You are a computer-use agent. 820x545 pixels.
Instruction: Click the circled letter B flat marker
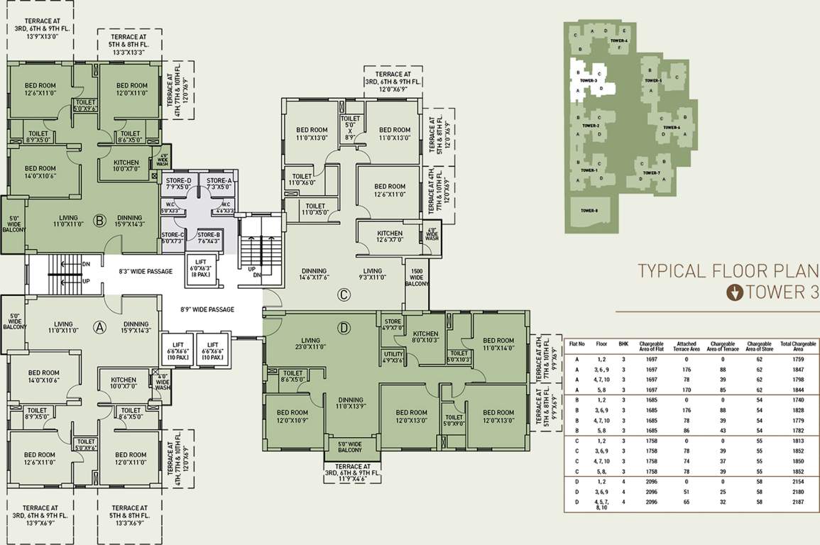click(x=100, y=219)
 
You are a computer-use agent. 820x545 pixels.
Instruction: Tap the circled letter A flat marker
click(x=100, y=327)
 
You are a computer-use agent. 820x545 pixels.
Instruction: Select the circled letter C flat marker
click(x=344, y=294)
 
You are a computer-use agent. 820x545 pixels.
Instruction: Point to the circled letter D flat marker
click(x=344, y=328)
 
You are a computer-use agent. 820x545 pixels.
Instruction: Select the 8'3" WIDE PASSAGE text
click(x=146, y=272)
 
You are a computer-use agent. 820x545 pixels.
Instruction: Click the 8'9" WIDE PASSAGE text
click(x=207, y=309)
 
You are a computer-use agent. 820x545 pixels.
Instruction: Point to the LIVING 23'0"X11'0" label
click(x=311, y=343)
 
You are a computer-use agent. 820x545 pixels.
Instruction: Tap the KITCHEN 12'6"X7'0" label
click(x=390, y=236)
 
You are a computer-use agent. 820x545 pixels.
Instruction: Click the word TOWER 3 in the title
click(x=779, y=292)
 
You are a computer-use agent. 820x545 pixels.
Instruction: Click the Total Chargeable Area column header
click(x=798, y=346)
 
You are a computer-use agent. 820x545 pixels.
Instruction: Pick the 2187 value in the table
click(x=798, y=502)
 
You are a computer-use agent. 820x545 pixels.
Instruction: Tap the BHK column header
click(x=623, y=343)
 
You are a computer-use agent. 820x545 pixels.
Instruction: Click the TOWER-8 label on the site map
click(x=590, y=211)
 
